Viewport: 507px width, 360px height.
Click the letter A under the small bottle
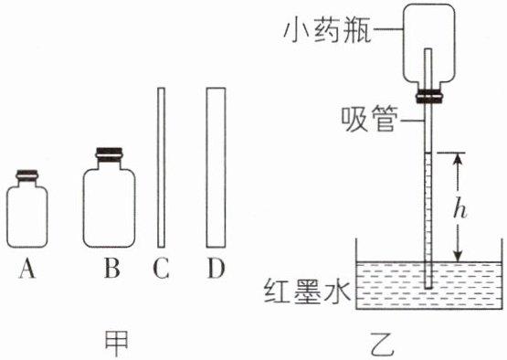pos(27,270)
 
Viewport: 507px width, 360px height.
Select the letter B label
pos(111,269)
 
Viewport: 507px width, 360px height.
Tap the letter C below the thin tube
pos(161,269)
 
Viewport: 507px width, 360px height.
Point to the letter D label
pos(216,269)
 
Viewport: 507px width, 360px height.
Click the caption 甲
pos(117,344)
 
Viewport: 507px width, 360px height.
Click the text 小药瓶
pos(326,31)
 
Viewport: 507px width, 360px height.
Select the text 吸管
pos(369,120)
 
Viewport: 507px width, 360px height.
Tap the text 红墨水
pos(307,291)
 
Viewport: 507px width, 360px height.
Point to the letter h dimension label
pos(459,208)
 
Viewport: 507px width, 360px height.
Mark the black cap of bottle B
pos(110,152)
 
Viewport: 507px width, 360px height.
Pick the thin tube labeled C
pos(161,167)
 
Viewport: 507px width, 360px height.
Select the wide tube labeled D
pos(216,167)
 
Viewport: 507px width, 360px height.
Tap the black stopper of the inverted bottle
pos(428,97)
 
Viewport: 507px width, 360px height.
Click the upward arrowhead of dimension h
pos(458,159)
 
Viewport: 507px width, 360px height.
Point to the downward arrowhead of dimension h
pos(458,255)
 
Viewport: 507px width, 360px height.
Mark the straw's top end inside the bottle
pos(428,49)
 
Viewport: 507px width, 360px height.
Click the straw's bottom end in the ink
pos(428,287)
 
